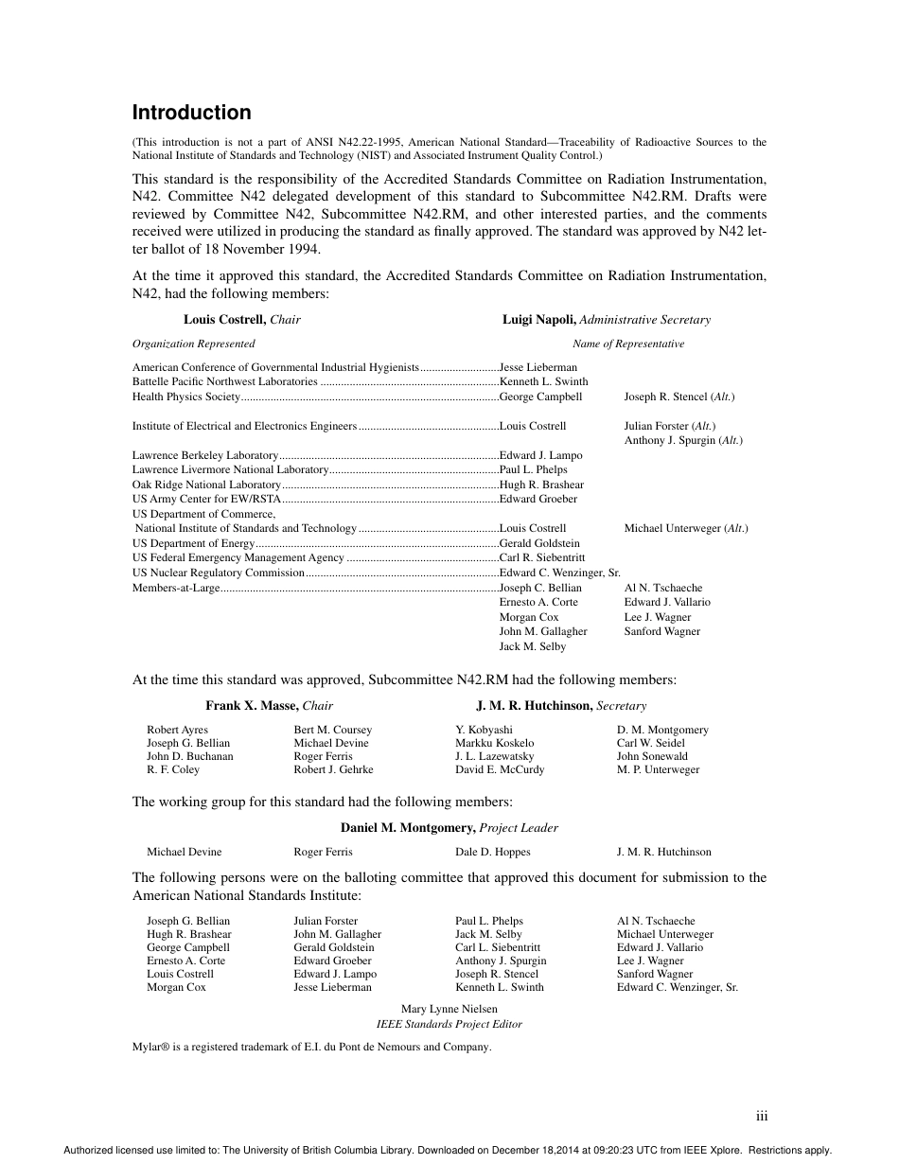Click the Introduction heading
point(191,113)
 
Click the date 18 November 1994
point(269,250)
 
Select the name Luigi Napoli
point(538,320)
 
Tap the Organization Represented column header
point(193,344)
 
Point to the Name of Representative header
point(627,344)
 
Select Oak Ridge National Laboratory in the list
point(194,485)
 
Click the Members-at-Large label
point(176,588)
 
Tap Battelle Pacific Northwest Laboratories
point(225,381)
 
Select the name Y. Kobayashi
point(484,730)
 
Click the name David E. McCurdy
point(500,769)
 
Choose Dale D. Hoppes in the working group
point(493,852)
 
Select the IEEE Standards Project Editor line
point(449,1024)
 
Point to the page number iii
point(762,1117)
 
